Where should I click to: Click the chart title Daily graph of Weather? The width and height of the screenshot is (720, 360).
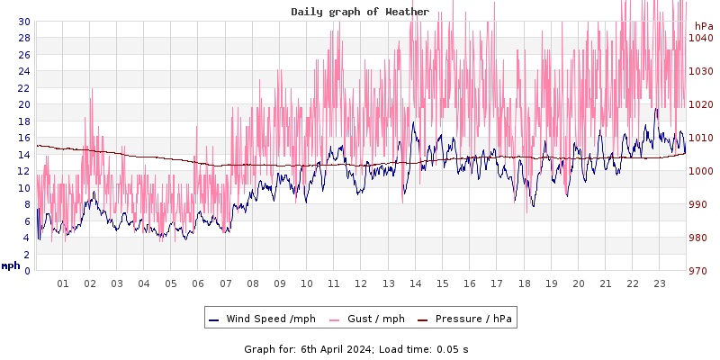360,12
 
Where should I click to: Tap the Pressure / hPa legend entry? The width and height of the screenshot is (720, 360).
472,319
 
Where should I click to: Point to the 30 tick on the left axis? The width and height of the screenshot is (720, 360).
24,22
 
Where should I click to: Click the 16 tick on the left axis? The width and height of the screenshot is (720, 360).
24,138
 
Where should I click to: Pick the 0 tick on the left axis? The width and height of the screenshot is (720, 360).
27,271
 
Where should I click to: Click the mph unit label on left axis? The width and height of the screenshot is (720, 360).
11,265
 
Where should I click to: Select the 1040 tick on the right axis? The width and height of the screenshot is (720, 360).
700,38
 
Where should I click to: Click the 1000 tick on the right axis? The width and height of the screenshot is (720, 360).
700,171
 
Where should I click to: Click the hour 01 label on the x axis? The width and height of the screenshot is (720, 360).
63,283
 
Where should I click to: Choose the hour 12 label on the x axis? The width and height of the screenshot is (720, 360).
361,283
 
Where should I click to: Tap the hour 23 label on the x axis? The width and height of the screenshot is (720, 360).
660,283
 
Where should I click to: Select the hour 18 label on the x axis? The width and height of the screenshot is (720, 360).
524,283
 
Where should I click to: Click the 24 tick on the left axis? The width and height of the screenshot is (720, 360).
24,71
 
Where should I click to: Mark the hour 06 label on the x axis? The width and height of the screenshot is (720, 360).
198,283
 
